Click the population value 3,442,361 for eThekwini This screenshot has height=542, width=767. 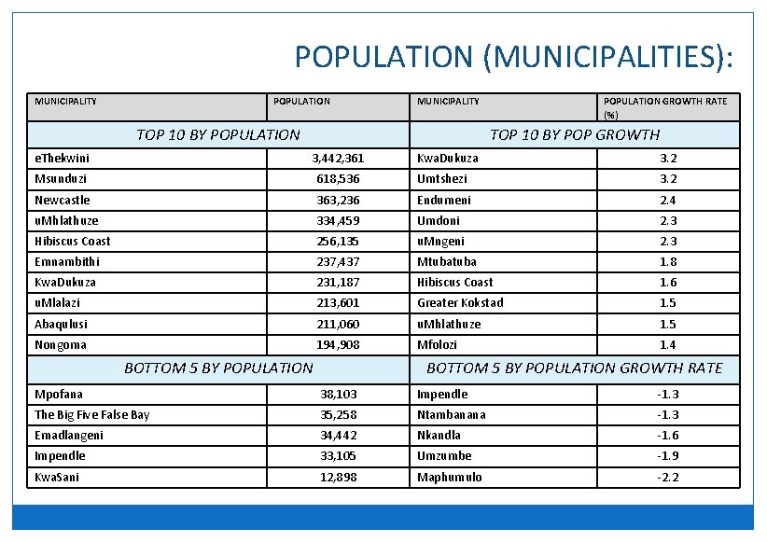338,159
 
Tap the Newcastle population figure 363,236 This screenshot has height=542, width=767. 338,201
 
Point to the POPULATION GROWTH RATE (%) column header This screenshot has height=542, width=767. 665,107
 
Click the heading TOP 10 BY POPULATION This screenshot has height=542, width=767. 218,134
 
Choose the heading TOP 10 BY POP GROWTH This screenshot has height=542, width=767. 574,134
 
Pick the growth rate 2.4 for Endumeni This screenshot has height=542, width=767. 667,201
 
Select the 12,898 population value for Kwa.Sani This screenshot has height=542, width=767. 338,477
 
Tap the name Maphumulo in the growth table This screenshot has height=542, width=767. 450,477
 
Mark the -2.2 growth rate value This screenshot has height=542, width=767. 667,477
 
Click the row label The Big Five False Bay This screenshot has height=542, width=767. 91,415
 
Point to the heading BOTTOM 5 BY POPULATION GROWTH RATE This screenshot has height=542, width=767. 574,368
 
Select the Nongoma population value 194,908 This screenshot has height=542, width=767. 338,345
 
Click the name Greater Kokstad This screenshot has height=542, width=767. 460,303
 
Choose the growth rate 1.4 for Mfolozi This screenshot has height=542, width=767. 667,345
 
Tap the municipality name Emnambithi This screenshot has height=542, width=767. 66,262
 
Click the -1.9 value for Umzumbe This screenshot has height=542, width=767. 667,456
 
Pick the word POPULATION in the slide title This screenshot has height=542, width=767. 384,58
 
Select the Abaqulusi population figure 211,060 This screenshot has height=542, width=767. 338,324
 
